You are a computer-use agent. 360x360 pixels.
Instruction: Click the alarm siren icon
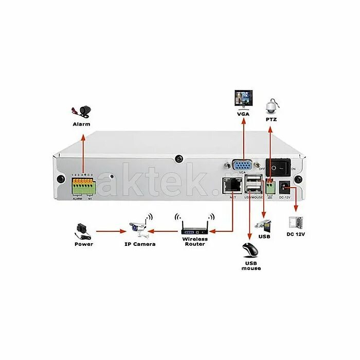pos(83,111)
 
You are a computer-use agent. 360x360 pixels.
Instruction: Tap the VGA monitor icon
pos(244,98)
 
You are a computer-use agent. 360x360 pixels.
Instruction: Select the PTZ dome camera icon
pos(271,106)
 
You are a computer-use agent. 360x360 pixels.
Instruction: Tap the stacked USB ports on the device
pos(254,184)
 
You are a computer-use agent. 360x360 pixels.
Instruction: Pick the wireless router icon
pos(195,227)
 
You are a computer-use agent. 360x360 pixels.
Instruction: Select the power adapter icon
pos(82,229)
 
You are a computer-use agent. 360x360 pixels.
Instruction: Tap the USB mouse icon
pos(251,250)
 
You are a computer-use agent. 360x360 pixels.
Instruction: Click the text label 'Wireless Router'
pos(195,241)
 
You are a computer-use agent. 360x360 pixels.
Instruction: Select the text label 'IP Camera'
pos(140,244)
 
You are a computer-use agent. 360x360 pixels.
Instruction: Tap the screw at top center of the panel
pos(178,158)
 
